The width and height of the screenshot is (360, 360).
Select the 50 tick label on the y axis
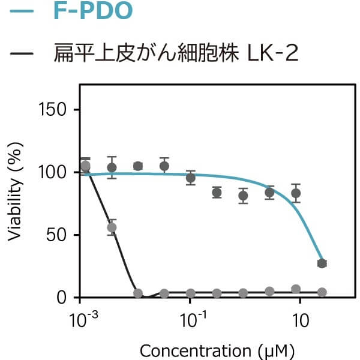[x=60, y=235]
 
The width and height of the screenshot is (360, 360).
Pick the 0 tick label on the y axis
[x=65, y=297]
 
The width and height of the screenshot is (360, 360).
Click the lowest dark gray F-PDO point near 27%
[x=322, y=263]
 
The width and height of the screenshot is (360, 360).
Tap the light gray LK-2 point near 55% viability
[x=112, y=227]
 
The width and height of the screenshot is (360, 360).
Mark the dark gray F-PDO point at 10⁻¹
[x=191, y=178]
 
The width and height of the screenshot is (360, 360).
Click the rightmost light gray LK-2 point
[x=322, y=292]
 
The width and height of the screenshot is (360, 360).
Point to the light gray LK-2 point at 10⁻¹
[x=191, y=293]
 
